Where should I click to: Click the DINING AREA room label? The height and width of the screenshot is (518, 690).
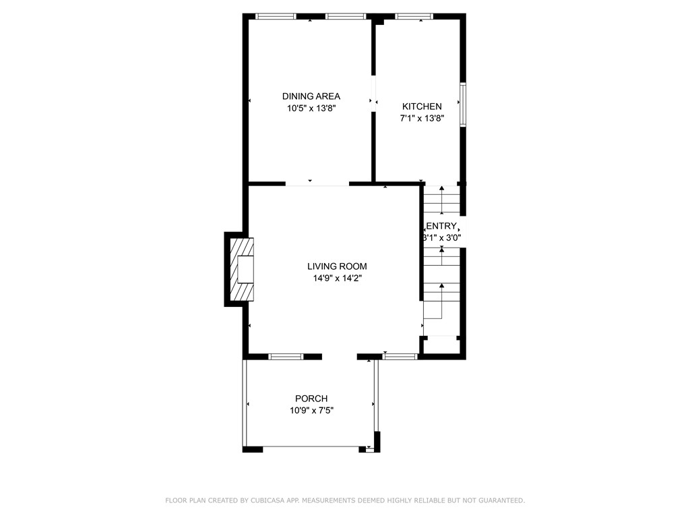[311, 96]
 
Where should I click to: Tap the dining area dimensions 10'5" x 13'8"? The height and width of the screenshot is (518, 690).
[311, 107]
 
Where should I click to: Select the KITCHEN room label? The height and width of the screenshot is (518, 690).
[422, 107]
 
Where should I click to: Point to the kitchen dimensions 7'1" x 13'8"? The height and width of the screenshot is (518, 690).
[422, 118]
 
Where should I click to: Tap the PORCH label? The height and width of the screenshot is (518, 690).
[311, 399]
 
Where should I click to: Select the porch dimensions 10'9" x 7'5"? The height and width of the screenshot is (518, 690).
[311, 410]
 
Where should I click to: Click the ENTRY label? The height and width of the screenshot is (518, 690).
[442, 226]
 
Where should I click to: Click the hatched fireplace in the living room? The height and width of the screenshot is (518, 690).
[241, 270]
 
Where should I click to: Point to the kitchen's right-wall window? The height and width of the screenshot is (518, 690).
[463, 104]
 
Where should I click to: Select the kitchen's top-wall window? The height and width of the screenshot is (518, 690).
[414, 16]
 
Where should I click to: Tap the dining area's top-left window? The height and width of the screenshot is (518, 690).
[276, 16]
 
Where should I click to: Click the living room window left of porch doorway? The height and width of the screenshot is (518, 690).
[286, 355]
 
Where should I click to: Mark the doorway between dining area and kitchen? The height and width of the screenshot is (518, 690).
[373, 94]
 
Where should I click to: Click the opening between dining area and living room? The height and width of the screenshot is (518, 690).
[317, 183]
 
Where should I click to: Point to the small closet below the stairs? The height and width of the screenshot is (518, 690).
[441, 345]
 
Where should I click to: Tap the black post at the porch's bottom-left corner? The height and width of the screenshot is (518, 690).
[252, 449]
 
